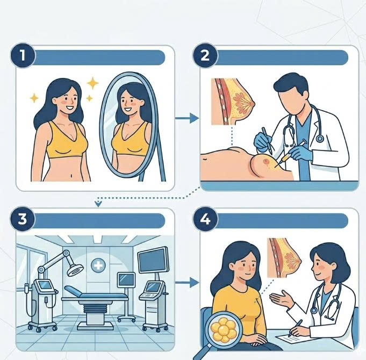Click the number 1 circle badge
(23, 55)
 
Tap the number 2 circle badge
(205, 55)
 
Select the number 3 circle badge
(23, 219)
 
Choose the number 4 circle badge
(205, 219)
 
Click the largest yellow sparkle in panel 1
(92, 83)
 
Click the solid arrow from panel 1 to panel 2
(186, 118)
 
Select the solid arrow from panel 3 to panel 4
(186, 283)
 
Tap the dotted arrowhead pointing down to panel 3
(98, 204)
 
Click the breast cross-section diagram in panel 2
(233, 102)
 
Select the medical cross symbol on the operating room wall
(98, 265)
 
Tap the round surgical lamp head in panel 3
(75, 270)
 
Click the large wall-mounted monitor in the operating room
(153, 260)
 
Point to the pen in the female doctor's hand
(295, 328)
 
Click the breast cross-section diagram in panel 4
(284, 258)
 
